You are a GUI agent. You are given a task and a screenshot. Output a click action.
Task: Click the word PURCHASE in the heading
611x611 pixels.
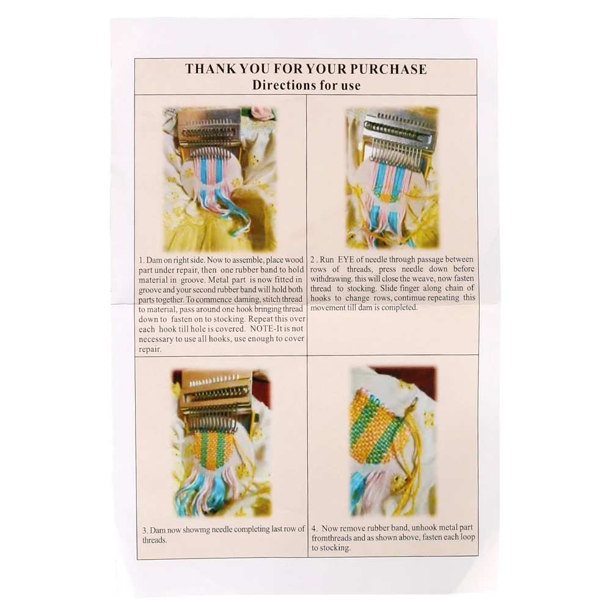click(x=388, y=69)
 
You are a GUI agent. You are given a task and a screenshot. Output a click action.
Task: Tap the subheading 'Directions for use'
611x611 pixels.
click(x=306, y=85)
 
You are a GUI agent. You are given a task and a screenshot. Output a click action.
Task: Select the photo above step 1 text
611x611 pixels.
click(x=220, y=179)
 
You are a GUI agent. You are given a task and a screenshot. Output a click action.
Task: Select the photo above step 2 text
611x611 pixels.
click(x=392, y=178)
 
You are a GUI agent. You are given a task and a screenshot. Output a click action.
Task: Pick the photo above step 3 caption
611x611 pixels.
click(x=221, y=442)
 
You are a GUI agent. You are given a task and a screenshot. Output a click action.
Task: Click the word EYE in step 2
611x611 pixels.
click(x=346, y=260)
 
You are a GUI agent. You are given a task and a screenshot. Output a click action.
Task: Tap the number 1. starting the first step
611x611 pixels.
click(x=142, y=260)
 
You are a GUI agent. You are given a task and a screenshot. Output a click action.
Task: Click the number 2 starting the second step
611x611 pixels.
click(x=313, y=260)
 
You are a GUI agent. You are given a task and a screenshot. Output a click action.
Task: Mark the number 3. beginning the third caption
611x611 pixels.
click(x=145, y=530)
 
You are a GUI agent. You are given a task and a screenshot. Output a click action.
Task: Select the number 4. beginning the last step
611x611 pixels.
click(x=315, y=529)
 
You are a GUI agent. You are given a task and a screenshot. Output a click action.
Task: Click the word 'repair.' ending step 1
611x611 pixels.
click(x=150, y=349)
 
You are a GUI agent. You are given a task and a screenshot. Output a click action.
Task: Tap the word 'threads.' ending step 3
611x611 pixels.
click(x=155, y=541)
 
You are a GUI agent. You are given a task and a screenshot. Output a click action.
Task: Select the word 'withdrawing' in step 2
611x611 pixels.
click(x=331, y=279)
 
